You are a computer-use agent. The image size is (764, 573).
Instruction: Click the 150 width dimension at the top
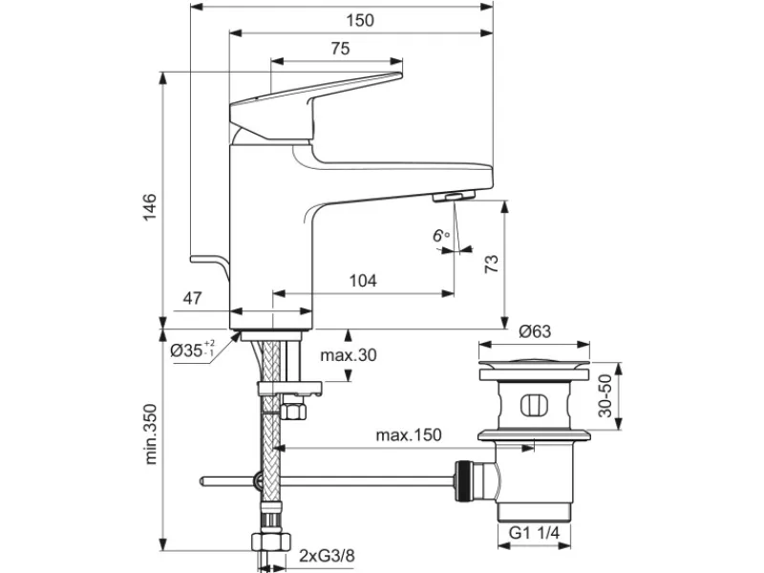(360, 20)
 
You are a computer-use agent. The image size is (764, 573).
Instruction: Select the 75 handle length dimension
(340, 49)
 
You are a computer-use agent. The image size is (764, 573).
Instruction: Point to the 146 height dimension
(150, 206)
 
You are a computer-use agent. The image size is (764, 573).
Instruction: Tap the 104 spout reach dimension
(363, 281)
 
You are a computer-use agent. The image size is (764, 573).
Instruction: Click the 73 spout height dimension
(492, 264)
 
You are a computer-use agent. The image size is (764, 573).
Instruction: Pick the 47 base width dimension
(192, 298)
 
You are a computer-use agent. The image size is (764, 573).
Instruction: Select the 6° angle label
(441, 236)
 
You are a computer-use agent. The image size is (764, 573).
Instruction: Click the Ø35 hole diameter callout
(193, 350)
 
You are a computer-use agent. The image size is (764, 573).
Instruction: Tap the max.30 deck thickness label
(349, 355)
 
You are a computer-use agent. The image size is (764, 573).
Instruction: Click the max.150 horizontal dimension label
(409, 435)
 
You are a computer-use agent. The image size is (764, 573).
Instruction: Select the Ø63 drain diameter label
(535, 331)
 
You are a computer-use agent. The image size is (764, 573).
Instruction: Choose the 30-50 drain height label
(605, 395)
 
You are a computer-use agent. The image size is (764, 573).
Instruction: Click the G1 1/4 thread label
(534, 533)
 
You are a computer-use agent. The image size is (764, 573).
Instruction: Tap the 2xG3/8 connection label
(327, 556)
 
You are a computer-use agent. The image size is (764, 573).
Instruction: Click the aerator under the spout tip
(454, 196)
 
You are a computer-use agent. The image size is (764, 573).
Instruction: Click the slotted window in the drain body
(534, 405)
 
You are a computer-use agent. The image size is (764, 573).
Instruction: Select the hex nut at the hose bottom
(271, 541)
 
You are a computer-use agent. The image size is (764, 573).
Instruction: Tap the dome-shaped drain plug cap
(534, 363)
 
